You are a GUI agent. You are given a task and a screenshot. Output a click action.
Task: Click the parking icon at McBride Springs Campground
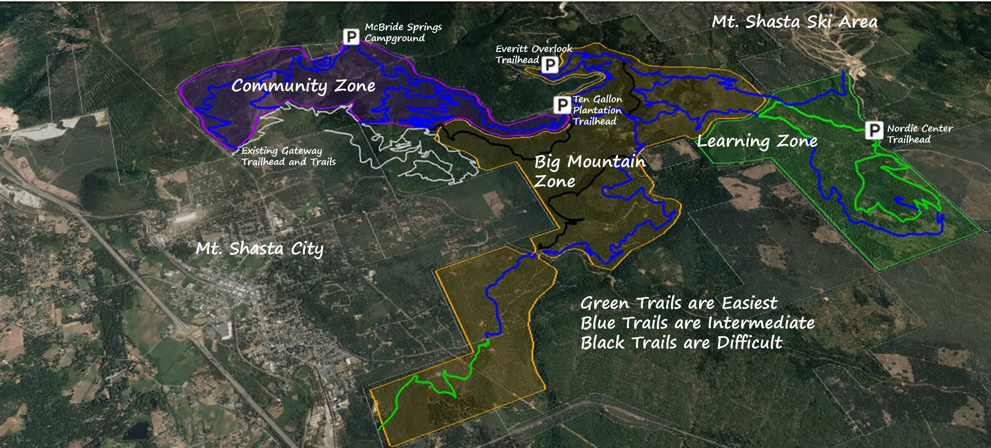[351, 37]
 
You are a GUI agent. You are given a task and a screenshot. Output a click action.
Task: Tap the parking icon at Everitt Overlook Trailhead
[550, 64]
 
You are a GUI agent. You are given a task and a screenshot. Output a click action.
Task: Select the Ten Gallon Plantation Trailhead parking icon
[562, 105]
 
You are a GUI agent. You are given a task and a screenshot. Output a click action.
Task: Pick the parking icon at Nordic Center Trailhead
[874, 131]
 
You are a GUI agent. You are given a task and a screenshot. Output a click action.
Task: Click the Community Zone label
[303, 86]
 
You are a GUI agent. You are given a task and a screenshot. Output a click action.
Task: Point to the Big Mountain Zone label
[590, 171]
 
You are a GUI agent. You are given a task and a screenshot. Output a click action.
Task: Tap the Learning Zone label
[757, 141]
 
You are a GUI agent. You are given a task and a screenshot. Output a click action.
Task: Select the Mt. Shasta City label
[259, 249]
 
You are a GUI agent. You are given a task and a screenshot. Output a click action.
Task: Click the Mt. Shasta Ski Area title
[794, 22]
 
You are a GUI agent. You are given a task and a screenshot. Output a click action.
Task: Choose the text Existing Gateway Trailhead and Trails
[288, 156]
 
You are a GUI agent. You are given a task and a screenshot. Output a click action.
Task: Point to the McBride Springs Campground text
[403, 33]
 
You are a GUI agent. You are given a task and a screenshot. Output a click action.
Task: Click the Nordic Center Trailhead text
[920, 134]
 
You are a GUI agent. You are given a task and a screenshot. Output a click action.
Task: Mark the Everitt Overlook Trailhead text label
[533, 54]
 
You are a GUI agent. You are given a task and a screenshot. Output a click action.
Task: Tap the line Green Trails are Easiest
[678, 303]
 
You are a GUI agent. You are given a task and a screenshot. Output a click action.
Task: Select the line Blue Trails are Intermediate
[697, 323]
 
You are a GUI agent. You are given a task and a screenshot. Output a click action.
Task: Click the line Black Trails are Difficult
[681, 342]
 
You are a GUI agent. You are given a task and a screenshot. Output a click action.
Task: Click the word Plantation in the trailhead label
[597, 110]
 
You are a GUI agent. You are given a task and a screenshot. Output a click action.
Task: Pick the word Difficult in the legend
[749, 342]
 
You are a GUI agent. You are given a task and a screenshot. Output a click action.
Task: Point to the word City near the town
[307, 249]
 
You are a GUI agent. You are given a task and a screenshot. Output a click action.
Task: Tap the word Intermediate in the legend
[761, 323]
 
